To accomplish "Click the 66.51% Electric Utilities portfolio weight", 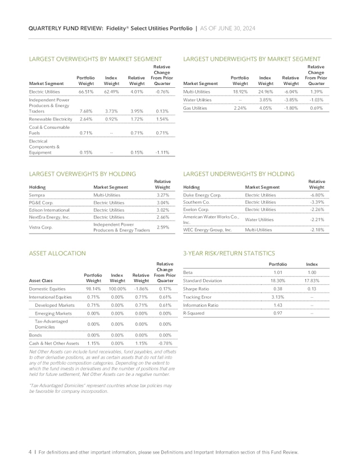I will [86, 91].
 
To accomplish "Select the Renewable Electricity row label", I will [51, 119].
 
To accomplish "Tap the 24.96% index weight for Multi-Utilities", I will [265, 91].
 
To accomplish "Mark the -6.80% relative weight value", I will [317, 195].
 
